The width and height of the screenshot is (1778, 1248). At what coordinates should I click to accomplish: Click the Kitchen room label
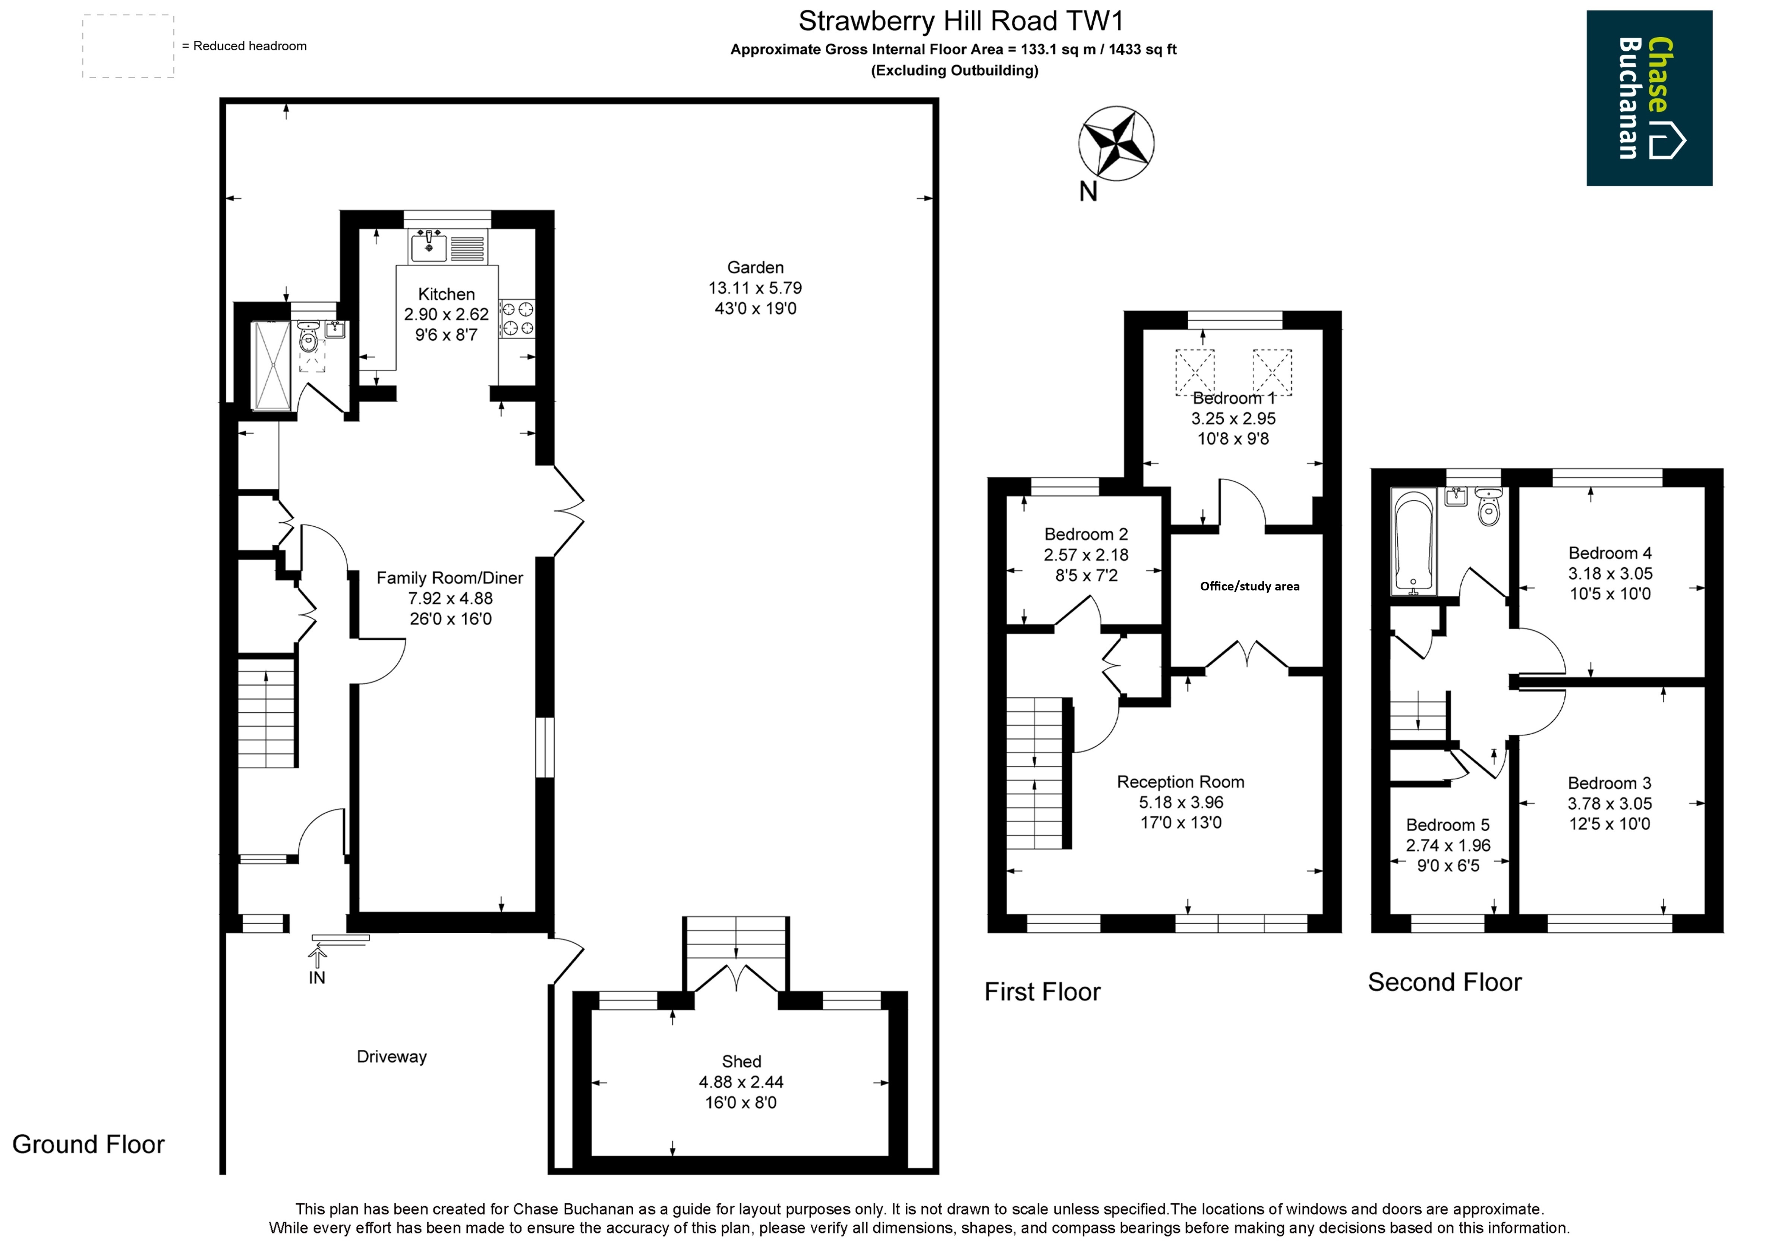click(x=446, y=294)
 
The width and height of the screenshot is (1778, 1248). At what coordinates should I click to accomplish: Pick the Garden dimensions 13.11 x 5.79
click(x=755, y=288)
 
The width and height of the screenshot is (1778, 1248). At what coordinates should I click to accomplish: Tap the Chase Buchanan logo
click(x=1649, y=98)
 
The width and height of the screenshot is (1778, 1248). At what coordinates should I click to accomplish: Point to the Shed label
click(x=741, y=1061)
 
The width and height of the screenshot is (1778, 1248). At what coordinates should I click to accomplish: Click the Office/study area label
click(x=1249, y=586)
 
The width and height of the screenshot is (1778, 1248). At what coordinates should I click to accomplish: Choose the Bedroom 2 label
click(x=1086, y=534)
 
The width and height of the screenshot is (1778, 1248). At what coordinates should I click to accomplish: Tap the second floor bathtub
click(x=1413, y=542)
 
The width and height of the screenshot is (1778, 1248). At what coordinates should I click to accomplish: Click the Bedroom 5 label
click(x=1447, y=825)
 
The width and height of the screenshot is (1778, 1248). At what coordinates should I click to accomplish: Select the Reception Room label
click(x=1180, y=782)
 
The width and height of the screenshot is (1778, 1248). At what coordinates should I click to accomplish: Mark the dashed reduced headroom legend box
click(x=129, y=47)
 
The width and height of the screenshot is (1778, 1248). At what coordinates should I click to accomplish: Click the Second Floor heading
click(x=1444, y=982)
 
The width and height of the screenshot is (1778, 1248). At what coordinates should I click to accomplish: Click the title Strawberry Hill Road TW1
click(x=961, y=21)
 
